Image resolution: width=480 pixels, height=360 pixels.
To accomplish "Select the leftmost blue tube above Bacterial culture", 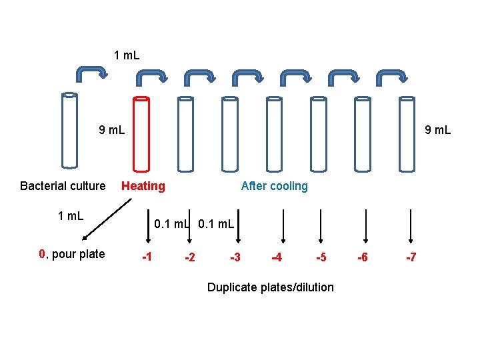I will click(69, 130).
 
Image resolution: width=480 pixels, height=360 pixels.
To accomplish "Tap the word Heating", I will click(143, 186).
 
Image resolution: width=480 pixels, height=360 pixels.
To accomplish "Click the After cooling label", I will click(275, 186).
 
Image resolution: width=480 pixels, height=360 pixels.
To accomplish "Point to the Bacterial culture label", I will click(63, 186).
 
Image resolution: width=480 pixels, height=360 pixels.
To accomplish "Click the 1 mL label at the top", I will click(127, 55).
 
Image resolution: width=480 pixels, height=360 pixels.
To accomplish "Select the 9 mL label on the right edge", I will click(438, 130).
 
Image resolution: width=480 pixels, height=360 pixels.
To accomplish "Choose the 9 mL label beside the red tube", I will click(111, 130).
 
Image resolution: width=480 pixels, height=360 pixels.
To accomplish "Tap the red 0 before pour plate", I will click(41, 254).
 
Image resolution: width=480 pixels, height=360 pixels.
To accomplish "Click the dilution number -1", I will click(147, 257).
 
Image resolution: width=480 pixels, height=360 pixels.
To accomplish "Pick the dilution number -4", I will click(276, 257).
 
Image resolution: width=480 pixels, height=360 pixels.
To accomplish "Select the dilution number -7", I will click(411, 257).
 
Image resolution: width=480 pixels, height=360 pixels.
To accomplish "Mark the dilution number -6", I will click(362, 257).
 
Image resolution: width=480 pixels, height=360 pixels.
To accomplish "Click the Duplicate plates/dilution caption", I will click(271, 287).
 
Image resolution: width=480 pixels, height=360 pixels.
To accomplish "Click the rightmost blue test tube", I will click(407, 133).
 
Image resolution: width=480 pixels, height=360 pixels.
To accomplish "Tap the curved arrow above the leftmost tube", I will click(90, 72).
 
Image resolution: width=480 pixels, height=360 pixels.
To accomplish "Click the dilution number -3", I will click(235, 257).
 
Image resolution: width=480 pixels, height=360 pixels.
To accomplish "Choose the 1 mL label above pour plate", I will click(71, 215).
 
